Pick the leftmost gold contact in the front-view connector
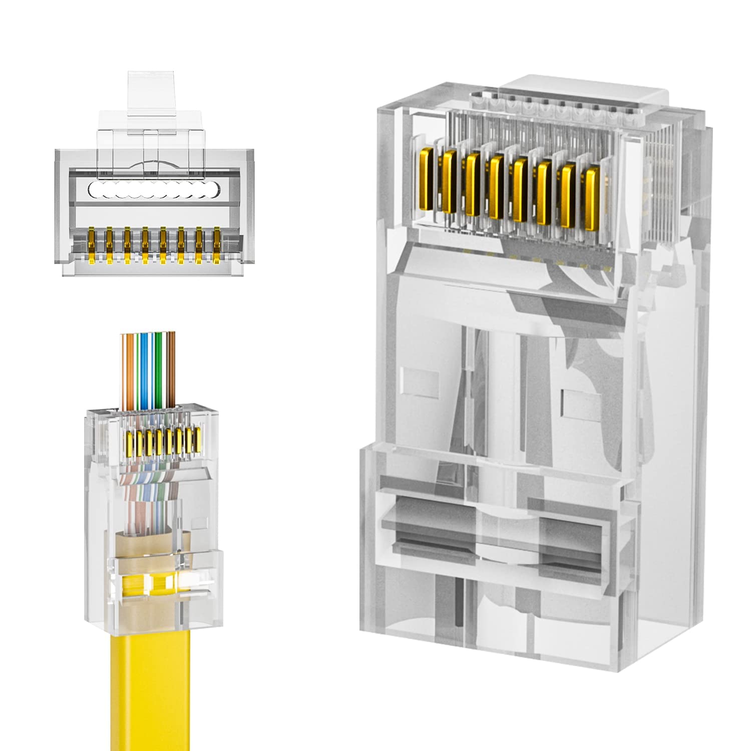coord(91,245)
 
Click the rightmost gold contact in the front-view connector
coord(217,245)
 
